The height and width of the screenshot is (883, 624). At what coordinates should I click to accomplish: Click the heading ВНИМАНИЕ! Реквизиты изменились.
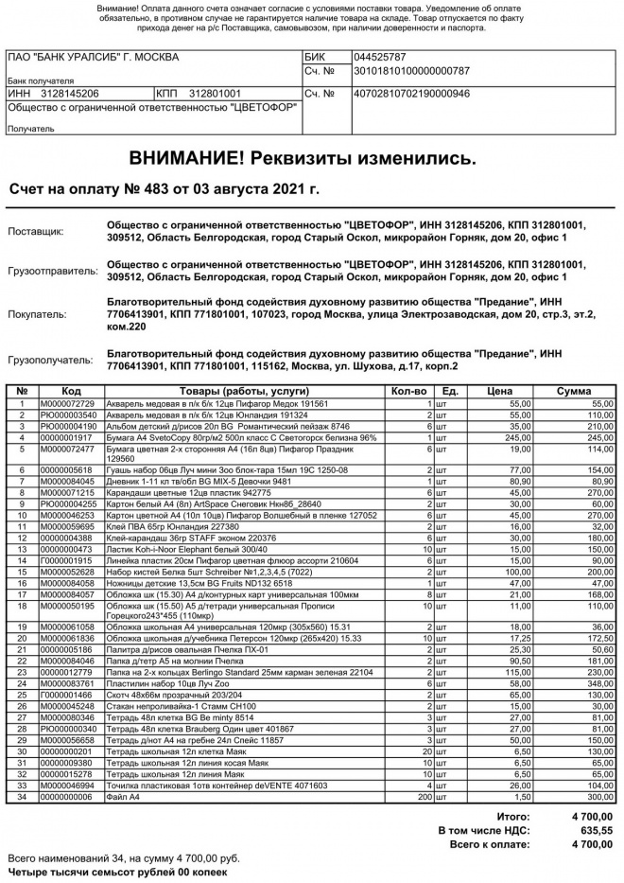(x=303, y=156)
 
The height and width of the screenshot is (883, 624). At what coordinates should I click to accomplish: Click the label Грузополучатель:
(x=53, y=361)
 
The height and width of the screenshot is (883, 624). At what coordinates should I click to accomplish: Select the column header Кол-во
(x=408, y=391)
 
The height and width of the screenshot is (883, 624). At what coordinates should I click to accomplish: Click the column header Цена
(x=499, y=391)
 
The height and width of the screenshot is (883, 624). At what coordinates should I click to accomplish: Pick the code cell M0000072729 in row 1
(x=67, y=404)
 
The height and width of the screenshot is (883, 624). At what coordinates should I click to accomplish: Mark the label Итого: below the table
(x=512, y=816)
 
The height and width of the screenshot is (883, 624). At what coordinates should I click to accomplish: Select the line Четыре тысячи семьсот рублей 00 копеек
(x=118, y=871)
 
